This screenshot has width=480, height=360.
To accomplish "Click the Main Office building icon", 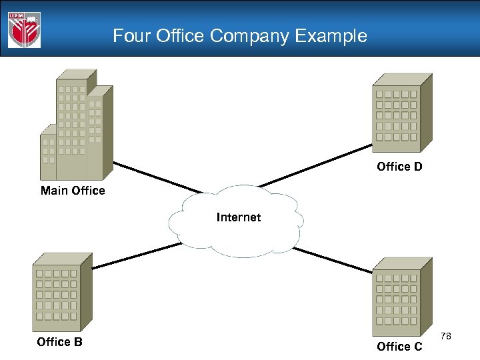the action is (x=76, y=127).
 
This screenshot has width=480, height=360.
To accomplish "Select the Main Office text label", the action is (x=73, y=191).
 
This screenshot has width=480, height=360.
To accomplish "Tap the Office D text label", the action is (x=399, y=167).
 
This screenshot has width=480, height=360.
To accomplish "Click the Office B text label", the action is (x=59, y=342).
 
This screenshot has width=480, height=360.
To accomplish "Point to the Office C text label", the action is (x=399, y=346).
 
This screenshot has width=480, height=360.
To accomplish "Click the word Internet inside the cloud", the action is (x=239, y=217).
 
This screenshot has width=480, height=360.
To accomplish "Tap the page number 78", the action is (x=446, y=336).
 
